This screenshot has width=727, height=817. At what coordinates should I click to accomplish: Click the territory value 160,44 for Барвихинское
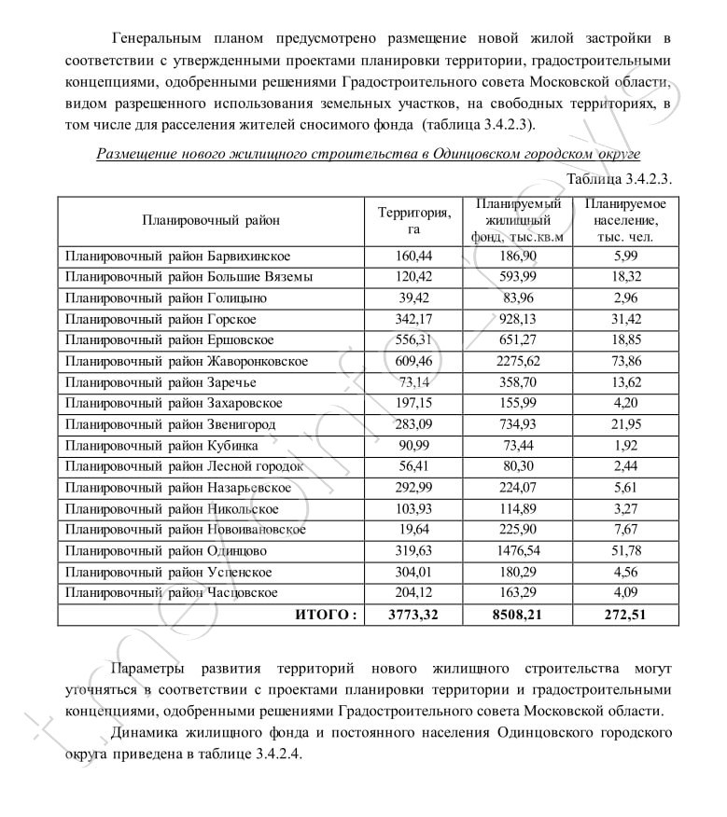pyautogui.click(x=413, y=256)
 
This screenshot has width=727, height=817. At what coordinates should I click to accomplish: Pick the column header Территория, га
pyautogui.click(x=413, y=221)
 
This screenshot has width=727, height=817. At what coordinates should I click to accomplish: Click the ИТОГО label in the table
pyautogui.click(x=325, y=615)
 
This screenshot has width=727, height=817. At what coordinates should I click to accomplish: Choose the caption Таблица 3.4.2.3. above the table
pyautogui.click(x=619, y=178)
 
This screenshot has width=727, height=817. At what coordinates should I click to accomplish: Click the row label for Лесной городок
pyautogui.click(x=184, y=466)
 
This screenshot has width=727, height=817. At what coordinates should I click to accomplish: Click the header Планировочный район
pyautogui.click(x=210, y=221)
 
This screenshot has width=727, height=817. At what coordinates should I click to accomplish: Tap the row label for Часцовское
pyautogui.click(x=171, y=593)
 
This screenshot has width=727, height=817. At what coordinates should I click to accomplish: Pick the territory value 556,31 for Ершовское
pyautogui.click(x=413, y=340)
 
